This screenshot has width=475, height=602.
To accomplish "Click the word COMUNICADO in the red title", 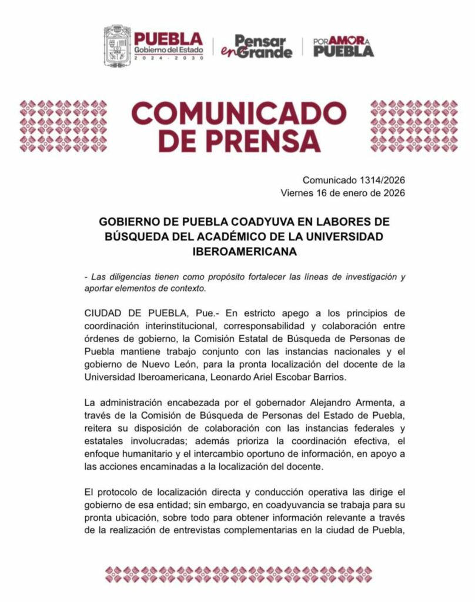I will [x=238, y=112].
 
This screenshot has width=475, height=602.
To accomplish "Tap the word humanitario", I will [x=148, y=455].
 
